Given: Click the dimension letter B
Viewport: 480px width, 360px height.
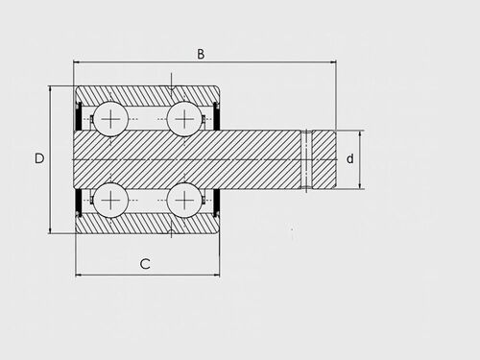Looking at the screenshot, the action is (201, 54).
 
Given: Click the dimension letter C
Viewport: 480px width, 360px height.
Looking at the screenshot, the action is (145, 264).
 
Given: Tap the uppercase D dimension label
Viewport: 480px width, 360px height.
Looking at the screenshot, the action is (39, 158).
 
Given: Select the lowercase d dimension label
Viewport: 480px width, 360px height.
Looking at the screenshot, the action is (350, 158).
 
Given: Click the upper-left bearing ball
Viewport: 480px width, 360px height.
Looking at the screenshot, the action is (110, 119).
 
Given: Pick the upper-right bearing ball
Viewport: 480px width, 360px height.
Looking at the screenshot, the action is (184, 119).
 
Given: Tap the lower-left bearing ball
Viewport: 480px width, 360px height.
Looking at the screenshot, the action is (110, 200).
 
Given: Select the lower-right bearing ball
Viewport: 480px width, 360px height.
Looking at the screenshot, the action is (184, 200).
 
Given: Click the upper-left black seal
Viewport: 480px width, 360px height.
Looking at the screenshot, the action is (78, 116).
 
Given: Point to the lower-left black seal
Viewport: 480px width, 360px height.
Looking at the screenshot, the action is (78, 203).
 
